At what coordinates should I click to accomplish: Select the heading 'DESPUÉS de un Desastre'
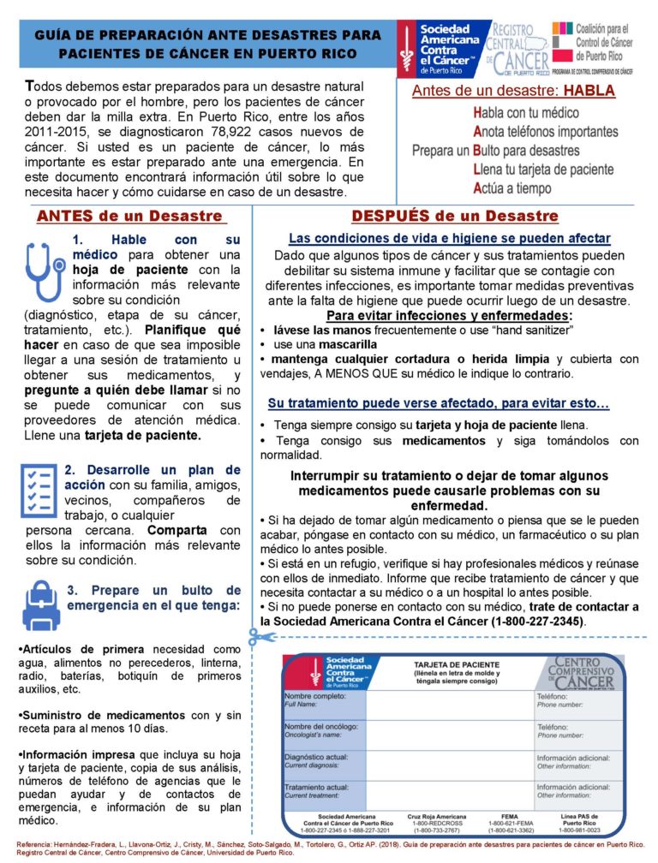tap(454, 217)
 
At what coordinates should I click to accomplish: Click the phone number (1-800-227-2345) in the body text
tap(537, 620)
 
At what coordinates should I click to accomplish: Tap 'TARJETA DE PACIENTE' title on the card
tap(452, 664)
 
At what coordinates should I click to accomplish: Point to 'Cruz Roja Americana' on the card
tap(437, 816)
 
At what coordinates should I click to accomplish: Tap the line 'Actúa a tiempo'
tap(511, 188)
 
